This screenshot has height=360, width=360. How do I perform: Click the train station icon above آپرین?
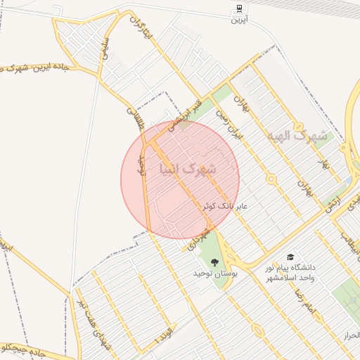pos(240,9)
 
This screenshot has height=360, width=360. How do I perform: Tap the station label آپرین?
pos(240,20)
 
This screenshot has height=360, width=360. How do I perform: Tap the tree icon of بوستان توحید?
pos(215,263)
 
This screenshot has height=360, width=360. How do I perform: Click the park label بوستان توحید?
pos(216,273)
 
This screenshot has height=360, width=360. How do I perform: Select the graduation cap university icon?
pos(290,257)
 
